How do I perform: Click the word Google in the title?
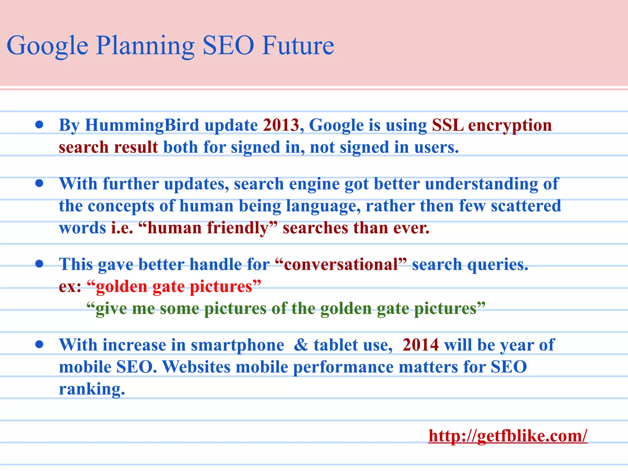tap(48, 46)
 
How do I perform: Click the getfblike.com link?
tap(507, 435)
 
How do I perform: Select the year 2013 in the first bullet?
tap(281, 125)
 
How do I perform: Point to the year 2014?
tap(420, 345)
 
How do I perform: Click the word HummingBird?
tap(142, 125)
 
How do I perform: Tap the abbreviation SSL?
tap(447, 125)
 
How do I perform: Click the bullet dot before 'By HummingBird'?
tap(39, 125)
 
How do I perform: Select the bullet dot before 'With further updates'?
tap(39, 183)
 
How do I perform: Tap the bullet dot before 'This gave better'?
tap(39, 264)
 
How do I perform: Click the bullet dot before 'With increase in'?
tap(39, 345)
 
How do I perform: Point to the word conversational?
tap(341, 264)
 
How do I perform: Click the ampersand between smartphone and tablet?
tap(301, 345)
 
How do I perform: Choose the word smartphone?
tap(237, 345)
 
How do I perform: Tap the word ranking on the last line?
tap(92, 389)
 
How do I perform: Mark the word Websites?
tap(196, 367)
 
